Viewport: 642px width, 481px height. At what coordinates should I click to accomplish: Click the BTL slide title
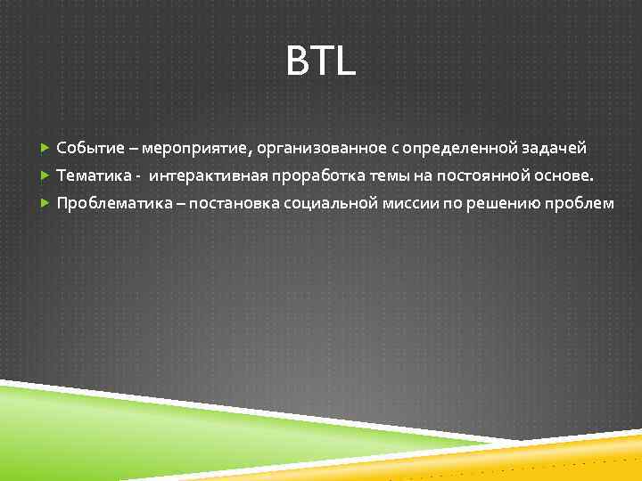click(321, 62)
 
